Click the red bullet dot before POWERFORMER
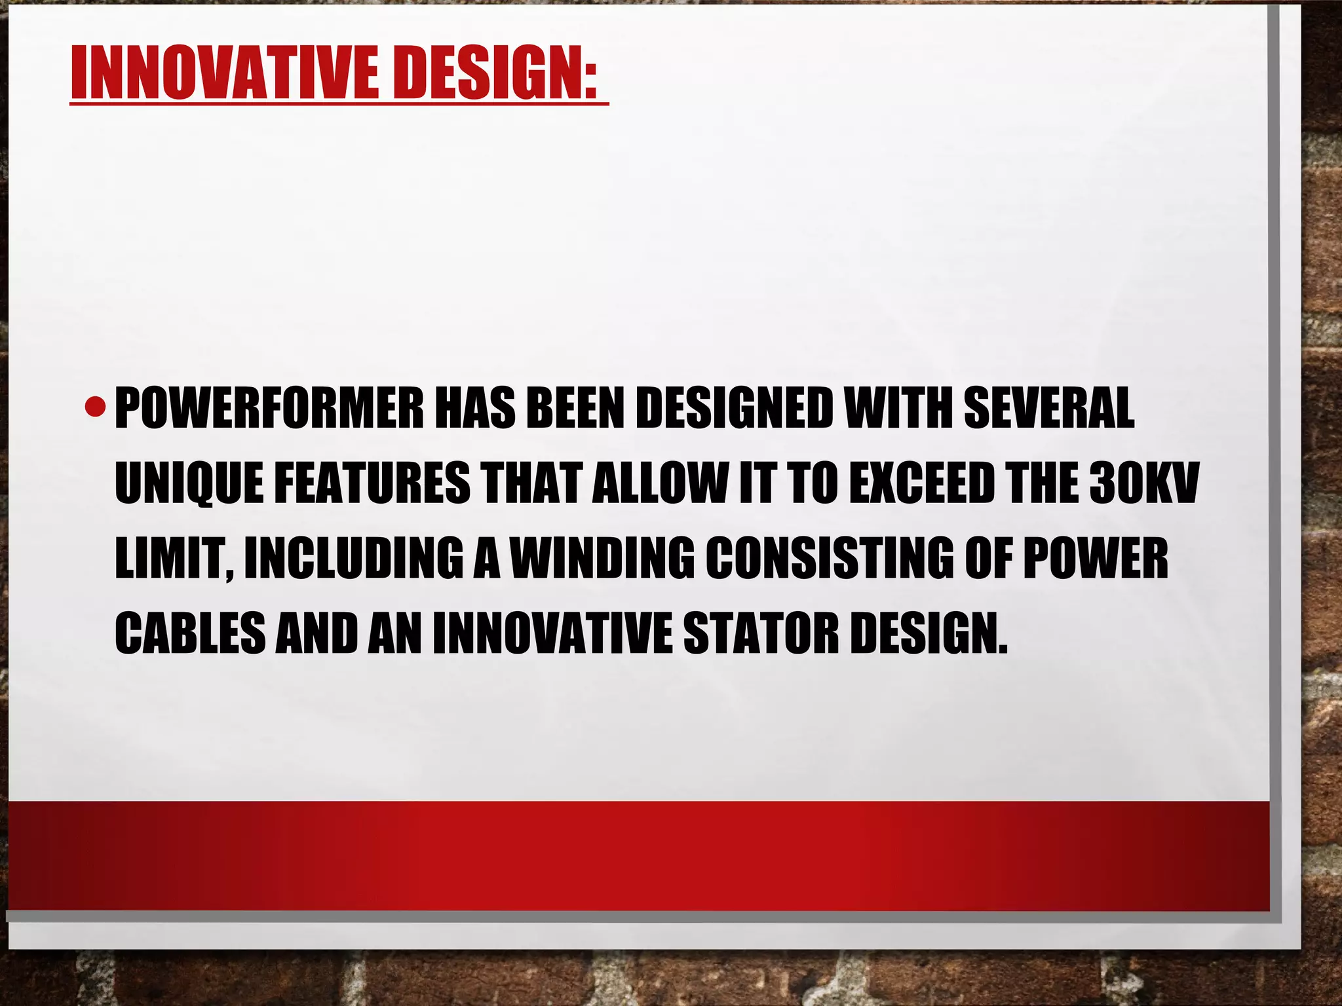(x=96, y=408)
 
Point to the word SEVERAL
(x=1048, y=408)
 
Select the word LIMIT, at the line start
(x=174, y=559)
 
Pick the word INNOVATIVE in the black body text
(x=552, y=633)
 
